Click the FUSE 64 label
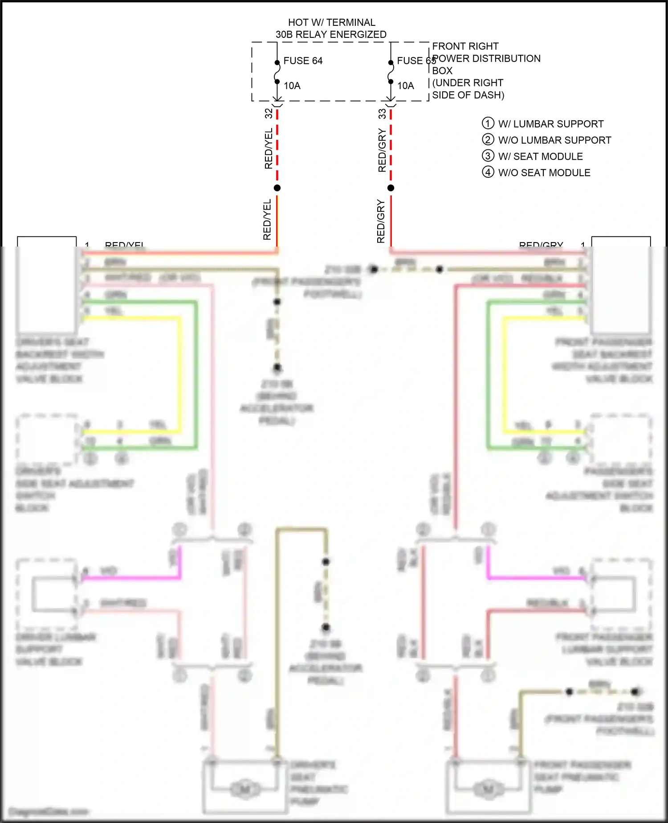coord(303,61)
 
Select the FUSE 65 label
coord(416,61)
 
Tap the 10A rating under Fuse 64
coord(292,86)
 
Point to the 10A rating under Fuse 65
coord(406,86)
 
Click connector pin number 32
coord(269,113)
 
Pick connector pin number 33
coord(382,114)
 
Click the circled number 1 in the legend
coord(488,123)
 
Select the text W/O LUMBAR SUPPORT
coord(554,140)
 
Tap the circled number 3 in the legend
coord(488,156)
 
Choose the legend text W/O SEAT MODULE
coord(544,173)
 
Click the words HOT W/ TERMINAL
coord(331,22)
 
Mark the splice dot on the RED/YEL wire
coord(277,188)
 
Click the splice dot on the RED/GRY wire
coord(391,188)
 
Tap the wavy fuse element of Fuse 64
coord(277,72)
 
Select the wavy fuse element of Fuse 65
coord(391,72)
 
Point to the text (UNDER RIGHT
coord(468,83)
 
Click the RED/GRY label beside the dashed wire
coord(382,150)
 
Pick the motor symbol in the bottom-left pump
coord(244,790)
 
